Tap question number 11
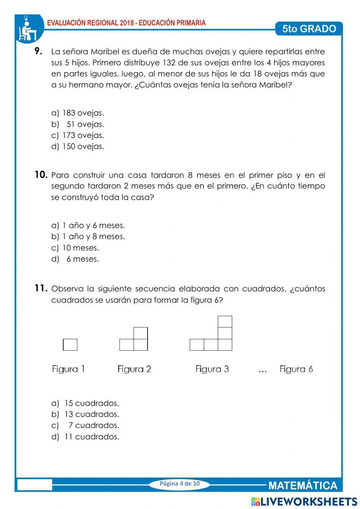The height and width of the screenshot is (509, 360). point(41,288)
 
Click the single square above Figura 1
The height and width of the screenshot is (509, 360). point(70,345)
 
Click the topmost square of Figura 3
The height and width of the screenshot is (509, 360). point(225,321)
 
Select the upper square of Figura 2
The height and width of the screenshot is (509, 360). point(140,333)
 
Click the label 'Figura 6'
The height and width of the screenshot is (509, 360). point(296,369)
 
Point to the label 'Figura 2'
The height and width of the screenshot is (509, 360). point(134,369)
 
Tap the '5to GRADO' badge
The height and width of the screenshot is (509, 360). point(309,29)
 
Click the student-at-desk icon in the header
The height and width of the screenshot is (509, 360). point(28,29)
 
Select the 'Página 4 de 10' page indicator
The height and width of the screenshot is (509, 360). point(180,484)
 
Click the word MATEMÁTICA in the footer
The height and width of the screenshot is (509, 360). point(303,486)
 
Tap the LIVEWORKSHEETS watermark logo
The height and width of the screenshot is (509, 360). point(304,502)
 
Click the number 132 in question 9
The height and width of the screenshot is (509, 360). point(169,63)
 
